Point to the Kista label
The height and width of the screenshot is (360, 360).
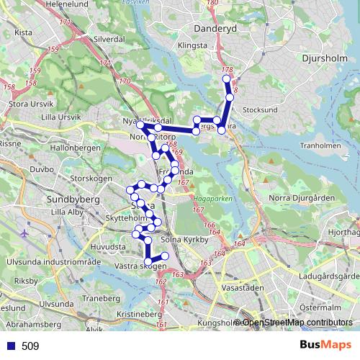pyautogui.click(x=24, y=32)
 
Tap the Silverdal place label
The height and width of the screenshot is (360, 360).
pyautogui.click(x=109, y=39)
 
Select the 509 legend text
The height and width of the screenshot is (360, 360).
pyautogui.click(x=30, y=346)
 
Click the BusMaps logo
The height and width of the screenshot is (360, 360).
pyautogui.click(x=325, y=345)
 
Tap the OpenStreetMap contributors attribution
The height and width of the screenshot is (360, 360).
pyautogui.click(x=297, y=323)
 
